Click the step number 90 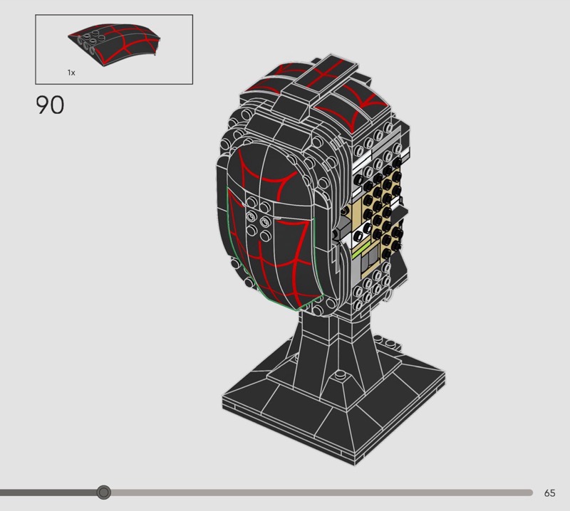(x=50, y=105)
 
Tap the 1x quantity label (x=71, y=73)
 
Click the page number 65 (x=549, y=492)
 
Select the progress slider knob (x=104, y=492)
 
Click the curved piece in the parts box (x=114, y=44)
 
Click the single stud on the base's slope (x=341, y=374)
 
